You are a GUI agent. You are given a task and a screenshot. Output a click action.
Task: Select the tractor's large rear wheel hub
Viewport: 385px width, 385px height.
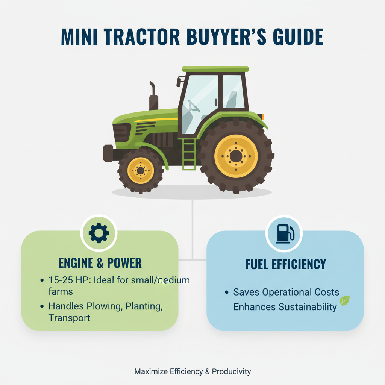point(236,156)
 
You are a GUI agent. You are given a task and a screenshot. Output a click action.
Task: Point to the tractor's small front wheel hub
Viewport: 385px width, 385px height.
point(141,171)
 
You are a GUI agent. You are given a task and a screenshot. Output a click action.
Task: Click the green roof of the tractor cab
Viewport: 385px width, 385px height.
point(215,69)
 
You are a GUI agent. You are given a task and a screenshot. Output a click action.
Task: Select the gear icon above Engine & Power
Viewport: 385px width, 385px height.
point(99,233)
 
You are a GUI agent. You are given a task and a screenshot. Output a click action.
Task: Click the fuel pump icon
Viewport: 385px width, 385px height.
point(284,233)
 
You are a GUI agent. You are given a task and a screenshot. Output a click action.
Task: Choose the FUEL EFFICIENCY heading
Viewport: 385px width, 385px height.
point(285,264)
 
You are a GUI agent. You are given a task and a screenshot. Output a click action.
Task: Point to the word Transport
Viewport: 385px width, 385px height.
point(70,318)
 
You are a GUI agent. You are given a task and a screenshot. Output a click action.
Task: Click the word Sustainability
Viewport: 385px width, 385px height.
point(308,307)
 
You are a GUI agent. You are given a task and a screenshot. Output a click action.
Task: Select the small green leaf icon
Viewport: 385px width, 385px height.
point(344,300)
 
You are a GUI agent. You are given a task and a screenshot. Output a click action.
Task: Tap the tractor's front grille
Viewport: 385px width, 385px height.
point(121,132)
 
